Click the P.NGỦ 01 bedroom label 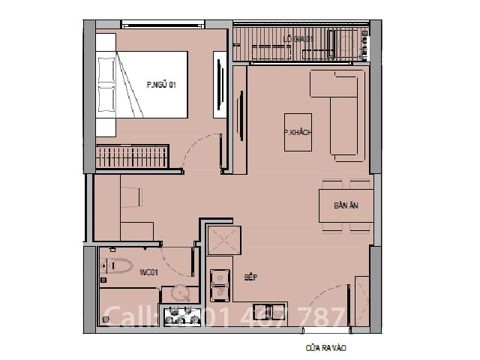[x=160, y=85]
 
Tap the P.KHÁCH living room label [x=297, y=132]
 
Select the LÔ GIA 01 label [x=298, y=38]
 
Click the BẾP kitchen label [x=251, y=277]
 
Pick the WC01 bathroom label [x=148, y=272]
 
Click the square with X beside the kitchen [x=223, y=241]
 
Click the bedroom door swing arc [x=201, y=150]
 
